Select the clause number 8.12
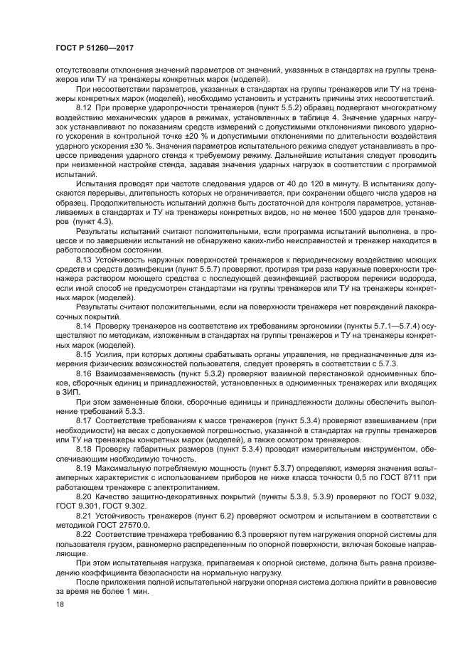tap(85, 107)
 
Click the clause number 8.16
tap(85, 371)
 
